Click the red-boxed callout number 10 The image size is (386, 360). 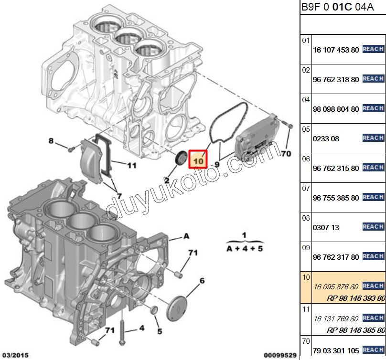pos(198,161)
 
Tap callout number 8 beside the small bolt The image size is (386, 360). pos(51,140)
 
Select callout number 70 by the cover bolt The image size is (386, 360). pos(286,154)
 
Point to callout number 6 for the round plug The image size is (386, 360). pos(202,281)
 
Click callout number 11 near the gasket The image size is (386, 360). pos(132,166)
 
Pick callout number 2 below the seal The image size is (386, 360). pos(167,180)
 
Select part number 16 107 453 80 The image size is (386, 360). pos(335,50)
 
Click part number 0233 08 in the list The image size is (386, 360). pos(326,138)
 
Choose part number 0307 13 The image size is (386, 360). pos(326,228)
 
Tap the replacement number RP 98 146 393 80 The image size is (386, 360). pos(356,298)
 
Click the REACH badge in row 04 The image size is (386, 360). pos(373,108)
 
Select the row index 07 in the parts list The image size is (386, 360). pos(306,189)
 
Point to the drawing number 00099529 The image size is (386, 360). pos(280,355)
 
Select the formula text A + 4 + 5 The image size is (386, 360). pos(245,249)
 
